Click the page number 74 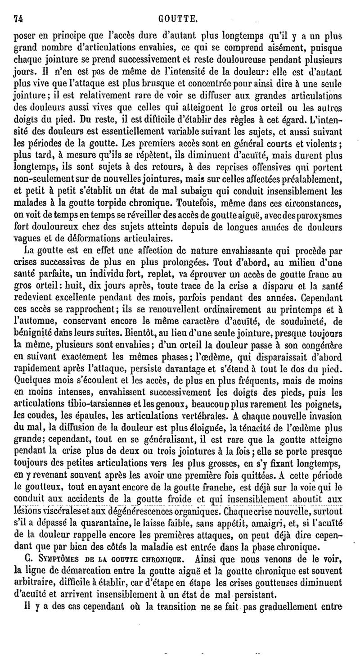coord(18,19)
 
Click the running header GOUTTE coord(179,19)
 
